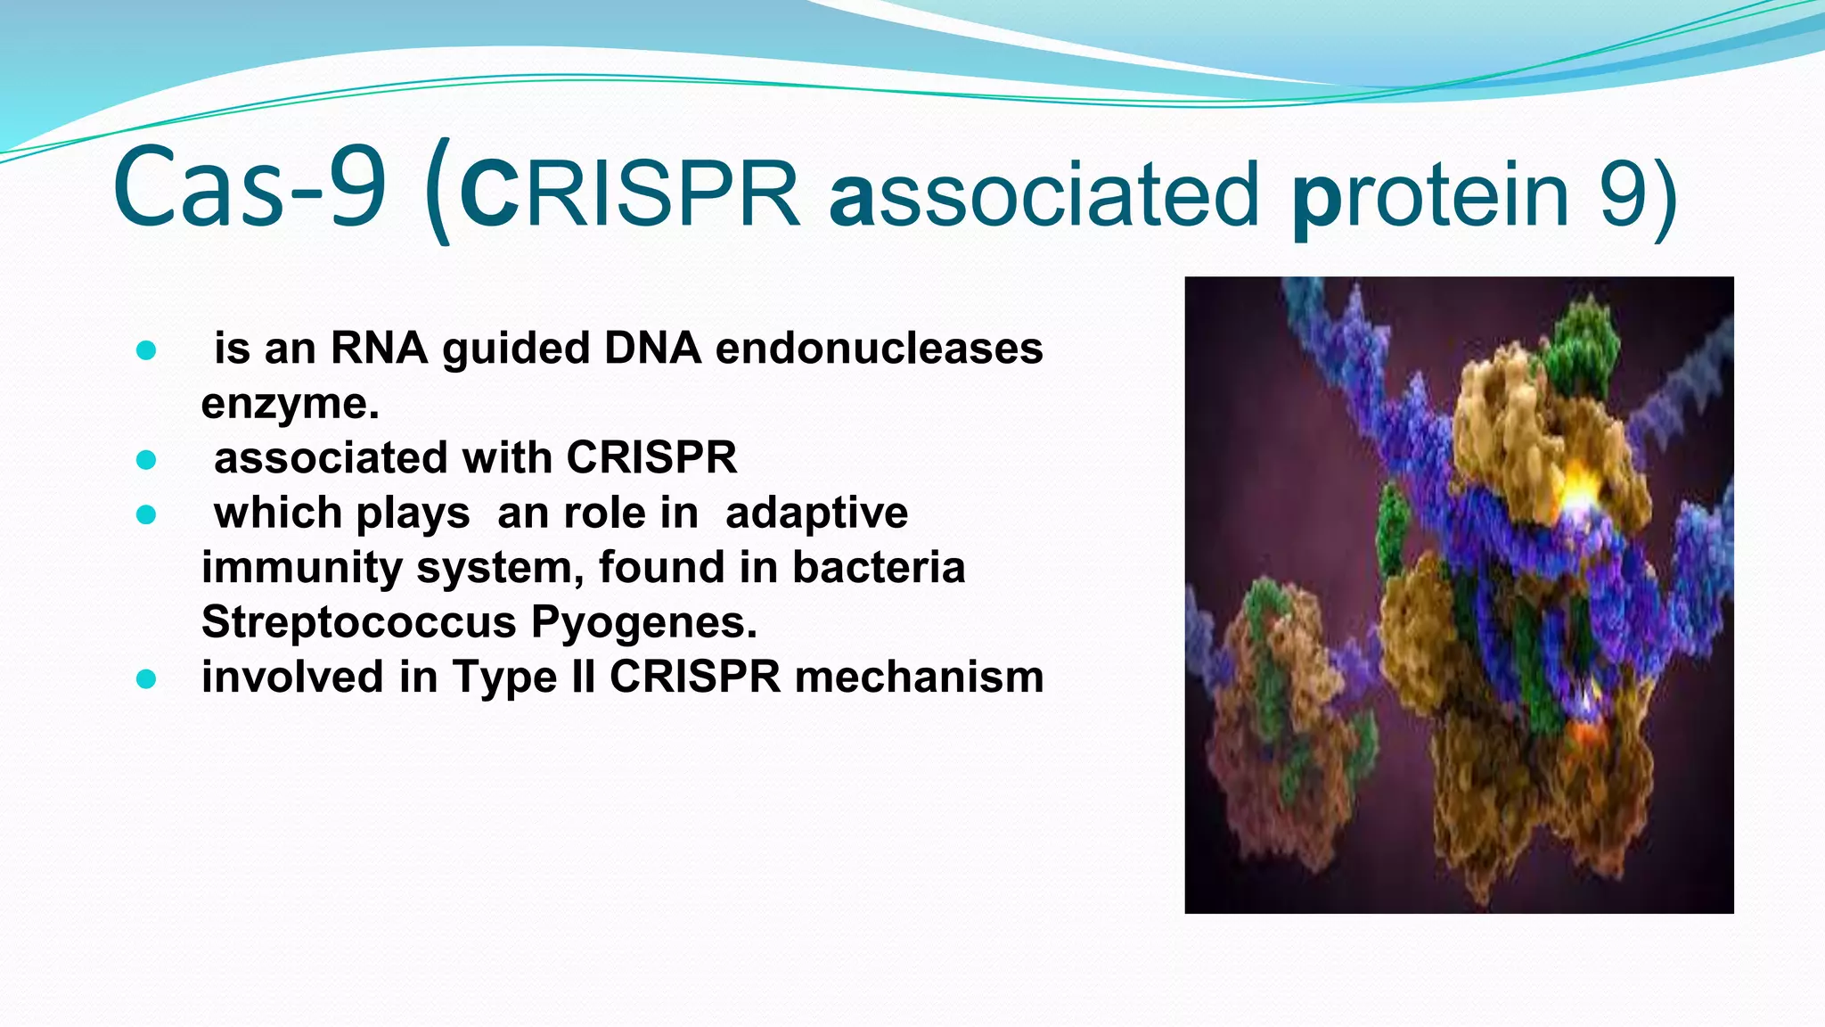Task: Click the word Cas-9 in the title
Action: click(x=250, y=189)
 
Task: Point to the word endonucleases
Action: click(x=879, y=348)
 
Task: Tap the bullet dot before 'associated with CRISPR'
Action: click(x=146, y=460)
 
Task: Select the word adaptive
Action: click(x=816, y=513)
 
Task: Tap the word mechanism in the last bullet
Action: click(x=918, y=678)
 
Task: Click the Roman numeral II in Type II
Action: click(x=583, y=678)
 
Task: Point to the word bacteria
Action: click(x=878, y=568)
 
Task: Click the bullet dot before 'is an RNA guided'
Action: click(x=146, y=350)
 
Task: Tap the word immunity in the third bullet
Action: click(x=301, y=568)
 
